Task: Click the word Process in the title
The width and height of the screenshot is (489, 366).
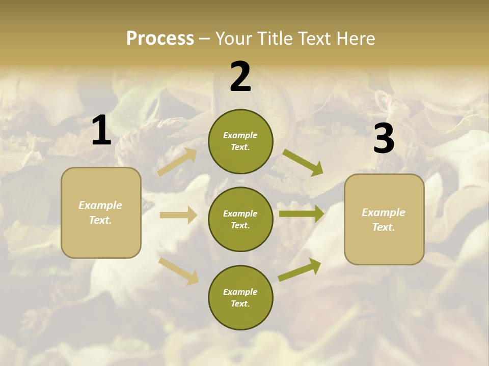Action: click(x=160, y=39)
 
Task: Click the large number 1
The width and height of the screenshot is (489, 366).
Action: click(x=101, y=131)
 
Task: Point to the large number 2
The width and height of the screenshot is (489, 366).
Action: click(x=240, y=77)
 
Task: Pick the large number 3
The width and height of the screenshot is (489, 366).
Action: click(x=384, y=139)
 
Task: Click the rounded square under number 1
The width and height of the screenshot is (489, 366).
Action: click(x=101, y=212)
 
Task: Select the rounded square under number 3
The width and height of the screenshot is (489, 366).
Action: click(x=384, y=219)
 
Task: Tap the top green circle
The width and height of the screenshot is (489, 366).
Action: click(x=240, y=141)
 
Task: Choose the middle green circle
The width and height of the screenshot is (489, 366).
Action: click(x=240, y=219)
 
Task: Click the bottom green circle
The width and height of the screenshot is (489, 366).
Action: click(x=240, y=297)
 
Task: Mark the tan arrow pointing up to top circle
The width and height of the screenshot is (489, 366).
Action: click(x=177, y=162)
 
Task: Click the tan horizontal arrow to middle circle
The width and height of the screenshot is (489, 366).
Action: click(x=178, y=215)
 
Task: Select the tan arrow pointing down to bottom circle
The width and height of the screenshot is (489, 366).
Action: click(x=179, y=270)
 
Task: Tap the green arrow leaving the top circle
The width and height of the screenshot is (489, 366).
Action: click(x=303, y=163)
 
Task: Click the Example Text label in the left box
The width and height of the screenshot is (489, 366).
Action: click(x=100, y=212)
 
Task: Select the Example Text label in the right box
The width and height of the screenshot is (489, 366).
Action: click(x=384, y=220)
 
